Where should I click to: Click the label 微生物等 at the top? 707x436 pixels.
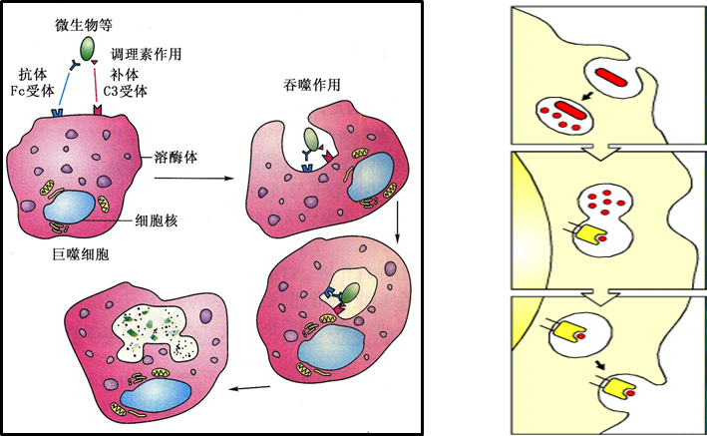[x=85, y=22]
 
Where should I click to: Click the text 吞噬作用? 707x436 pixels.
[x=312, y=85]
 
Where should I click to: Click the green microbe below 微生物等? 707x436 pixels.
[x=88, y=46]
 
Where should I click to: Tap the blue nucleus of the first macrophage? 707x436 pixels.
[x=72, y=209]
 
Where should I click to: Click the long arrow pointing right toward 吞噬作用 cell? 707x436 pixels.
[x=191, y=180]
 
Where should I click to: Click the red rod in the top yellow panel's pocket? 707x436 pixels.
[x=612, y=77]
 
